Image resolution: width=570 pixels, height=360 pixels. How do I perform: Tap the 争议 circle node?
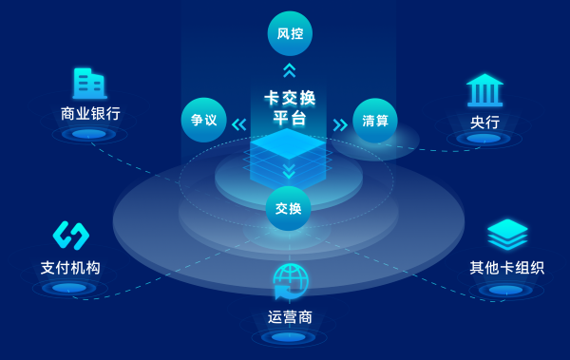(x=204, y=122)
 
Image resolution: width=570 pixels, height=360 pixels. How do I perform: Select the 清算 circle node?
(x=374, y=122)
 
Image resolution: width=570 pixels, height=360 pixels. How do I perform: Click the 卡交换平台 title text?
(x=290, y=108)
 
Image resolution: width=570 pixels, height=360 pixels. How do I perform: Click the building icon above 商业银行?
(x=90, y=84)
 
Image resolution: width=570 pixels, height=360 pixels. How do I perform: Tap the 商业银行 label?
(x=90, y=115)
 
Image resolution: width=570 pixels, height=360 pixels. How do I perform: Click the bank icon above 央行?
(x=484, y=90)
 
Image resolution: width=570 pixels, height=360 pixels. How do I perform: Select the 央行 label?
(x=484, y=123)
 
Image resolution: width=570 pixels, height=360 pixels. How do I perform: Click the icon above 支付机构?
(x=70, y=235)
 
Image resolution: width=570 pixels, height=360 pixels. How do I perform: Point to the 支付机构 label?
(x=70, y=267)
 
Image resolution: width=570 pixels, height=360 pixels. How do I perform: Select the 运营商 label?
(x=291, y=316)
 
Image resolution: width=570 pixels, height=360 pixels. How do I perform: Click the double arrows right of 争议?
(x=238, y=123)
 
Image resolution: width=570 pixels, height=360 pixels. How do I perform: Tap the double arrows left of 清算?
(x=340, y=123)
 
